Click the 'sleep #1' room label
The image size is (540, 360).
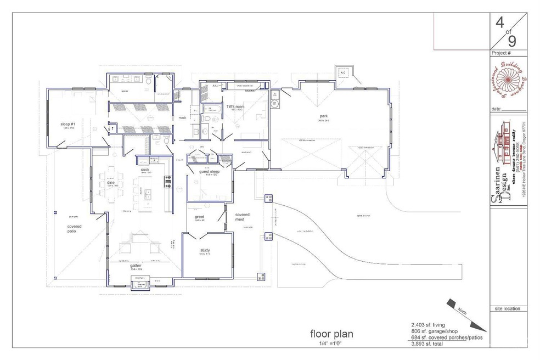coord(68,125)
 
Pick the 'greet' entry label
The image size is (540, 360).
coord(200,217)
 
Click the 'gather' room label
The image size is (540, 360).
coord(136,266)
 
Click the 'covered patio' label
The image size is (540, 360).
coord(75,229)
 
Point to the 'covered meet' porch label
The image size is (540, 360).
coord(243,217)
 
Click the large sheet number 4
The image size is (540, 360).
coord(499,24)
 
